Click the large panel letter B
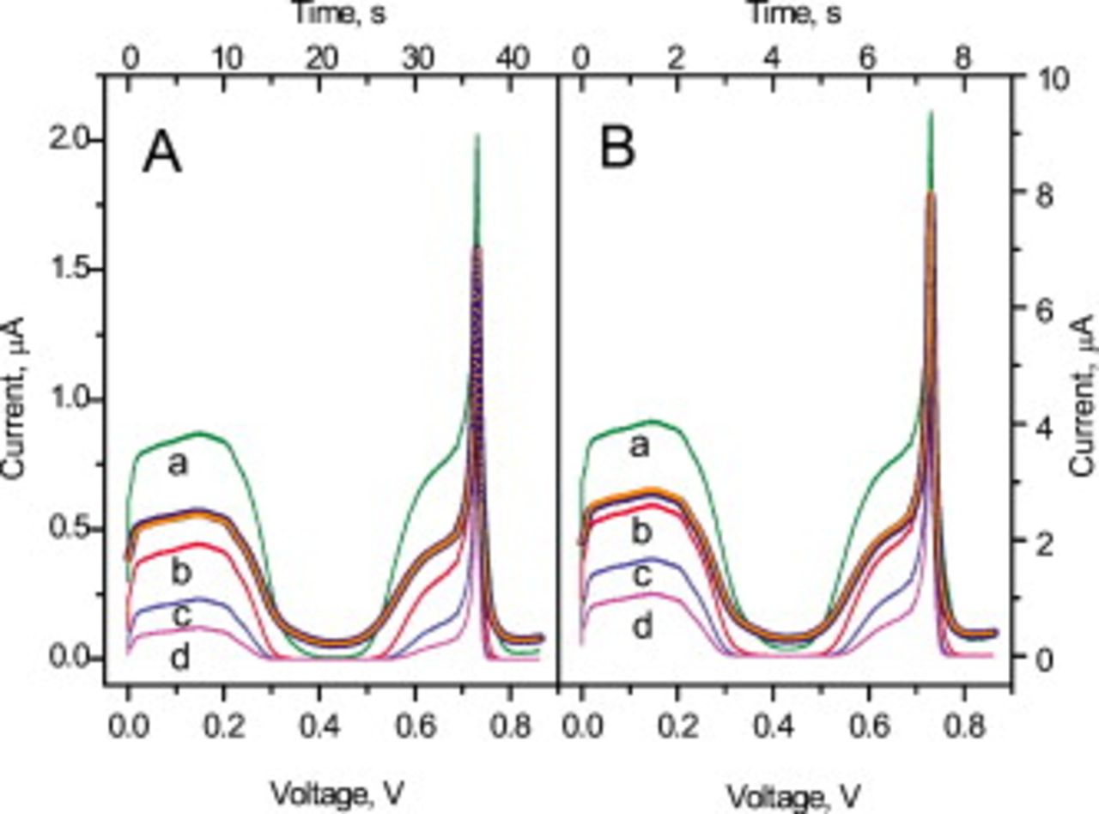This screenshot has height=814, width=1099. [617, 149]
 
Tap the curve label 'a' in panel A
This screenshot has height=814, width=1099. [177, 465]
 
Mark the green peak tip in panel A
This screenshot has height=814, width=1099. [477, 135]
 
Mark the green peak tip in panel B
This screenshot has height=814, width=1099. [930, 112]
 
